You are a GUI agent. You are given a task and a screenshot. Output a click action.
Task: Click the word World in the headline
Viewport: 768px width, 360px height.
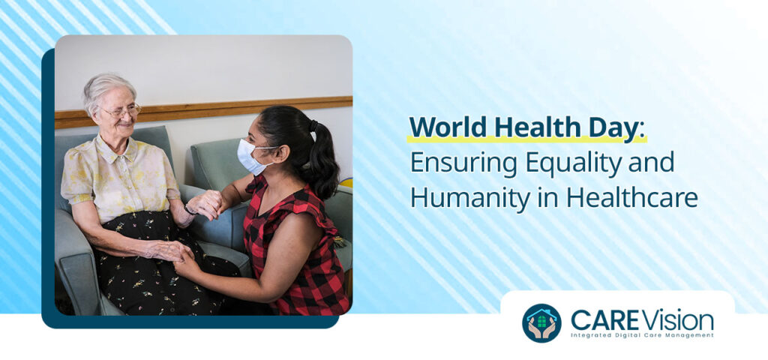click(x=444, y=127)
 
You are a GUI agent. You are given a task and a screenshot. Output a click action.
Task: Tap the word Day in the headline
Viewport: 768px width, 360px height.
click(x=614, y=127)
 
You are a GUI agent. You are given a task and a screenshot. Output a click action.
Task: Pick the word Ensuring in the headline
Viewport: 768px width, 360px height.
click(x=457, y=162)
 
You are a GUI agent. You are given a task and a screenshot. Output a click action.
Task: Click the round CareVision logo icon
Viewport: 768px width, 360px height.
click(x=541, y=322)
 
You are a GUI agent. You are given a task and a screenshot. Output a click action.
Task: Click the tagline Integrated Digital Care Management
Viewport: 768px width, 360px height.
click(x=641, y=335)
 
